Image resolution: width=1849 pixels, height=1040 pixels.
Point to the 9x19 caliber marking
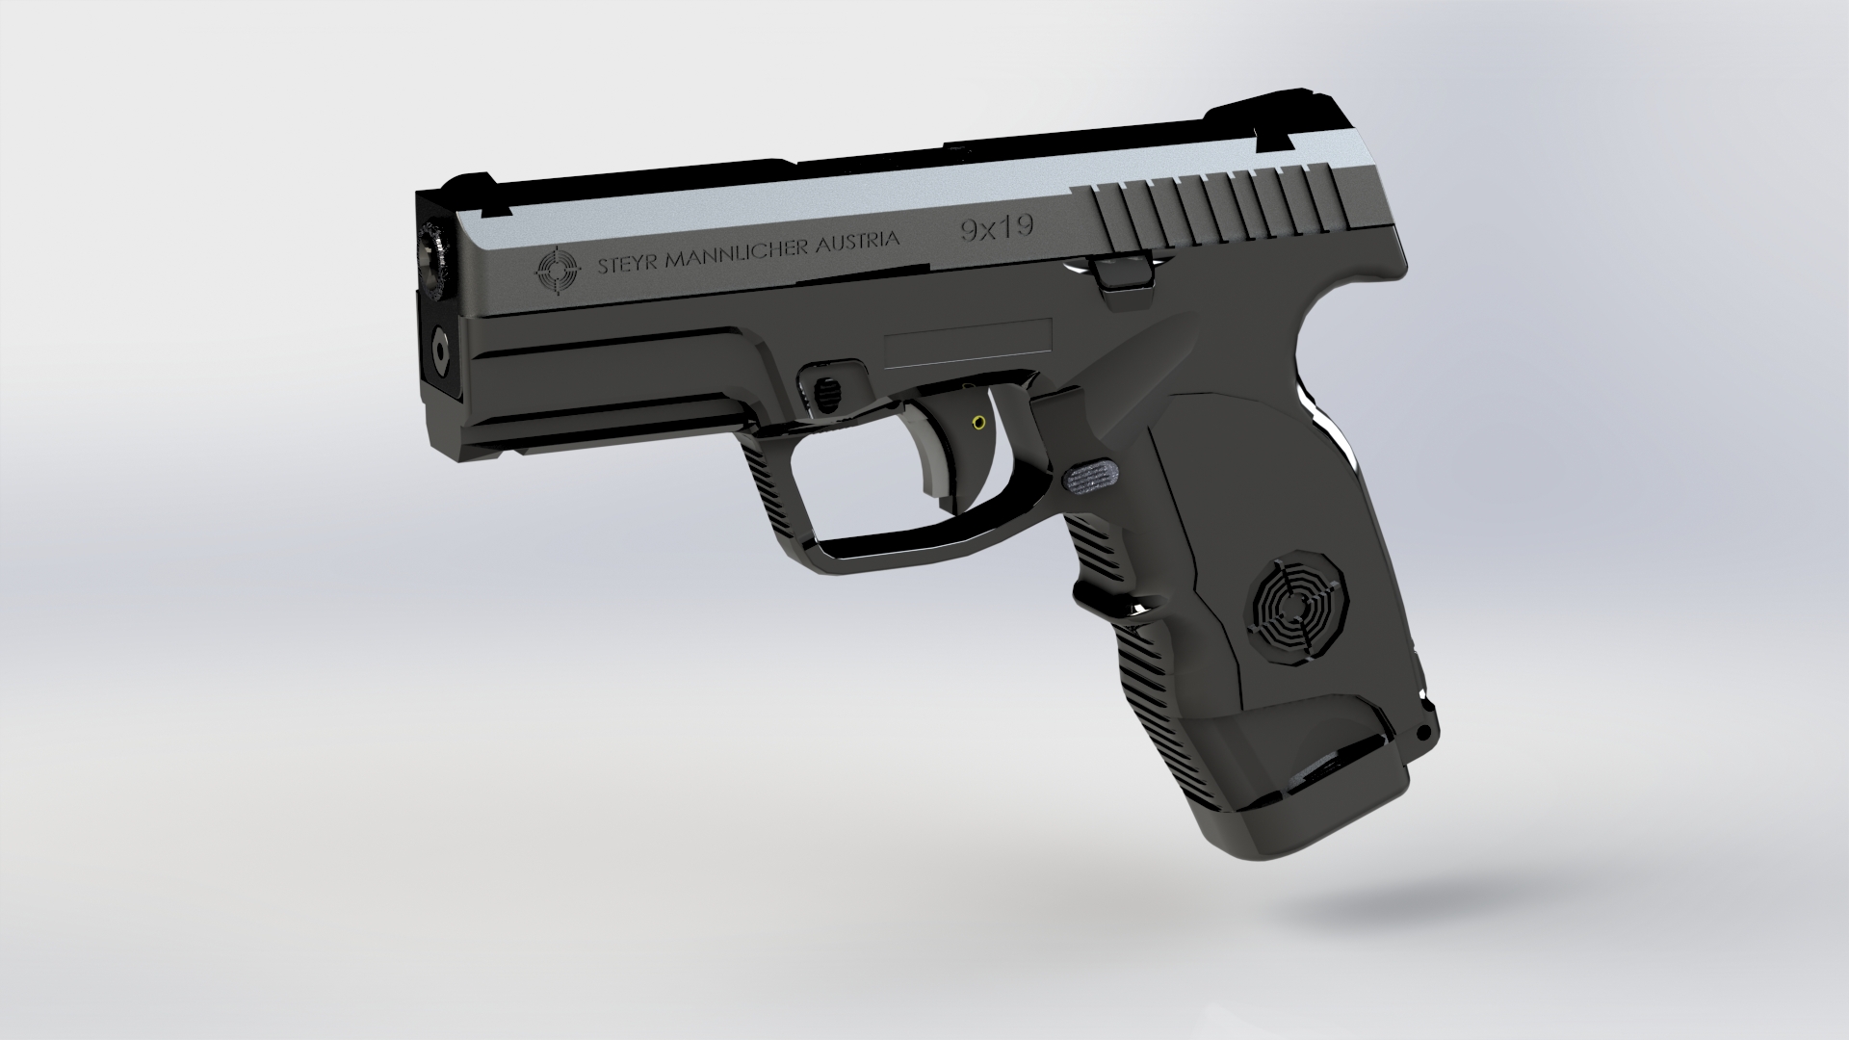(x=996, y=228)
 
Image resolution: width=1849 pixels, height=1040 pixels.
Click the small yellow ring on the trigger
(x=979, y=422)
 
